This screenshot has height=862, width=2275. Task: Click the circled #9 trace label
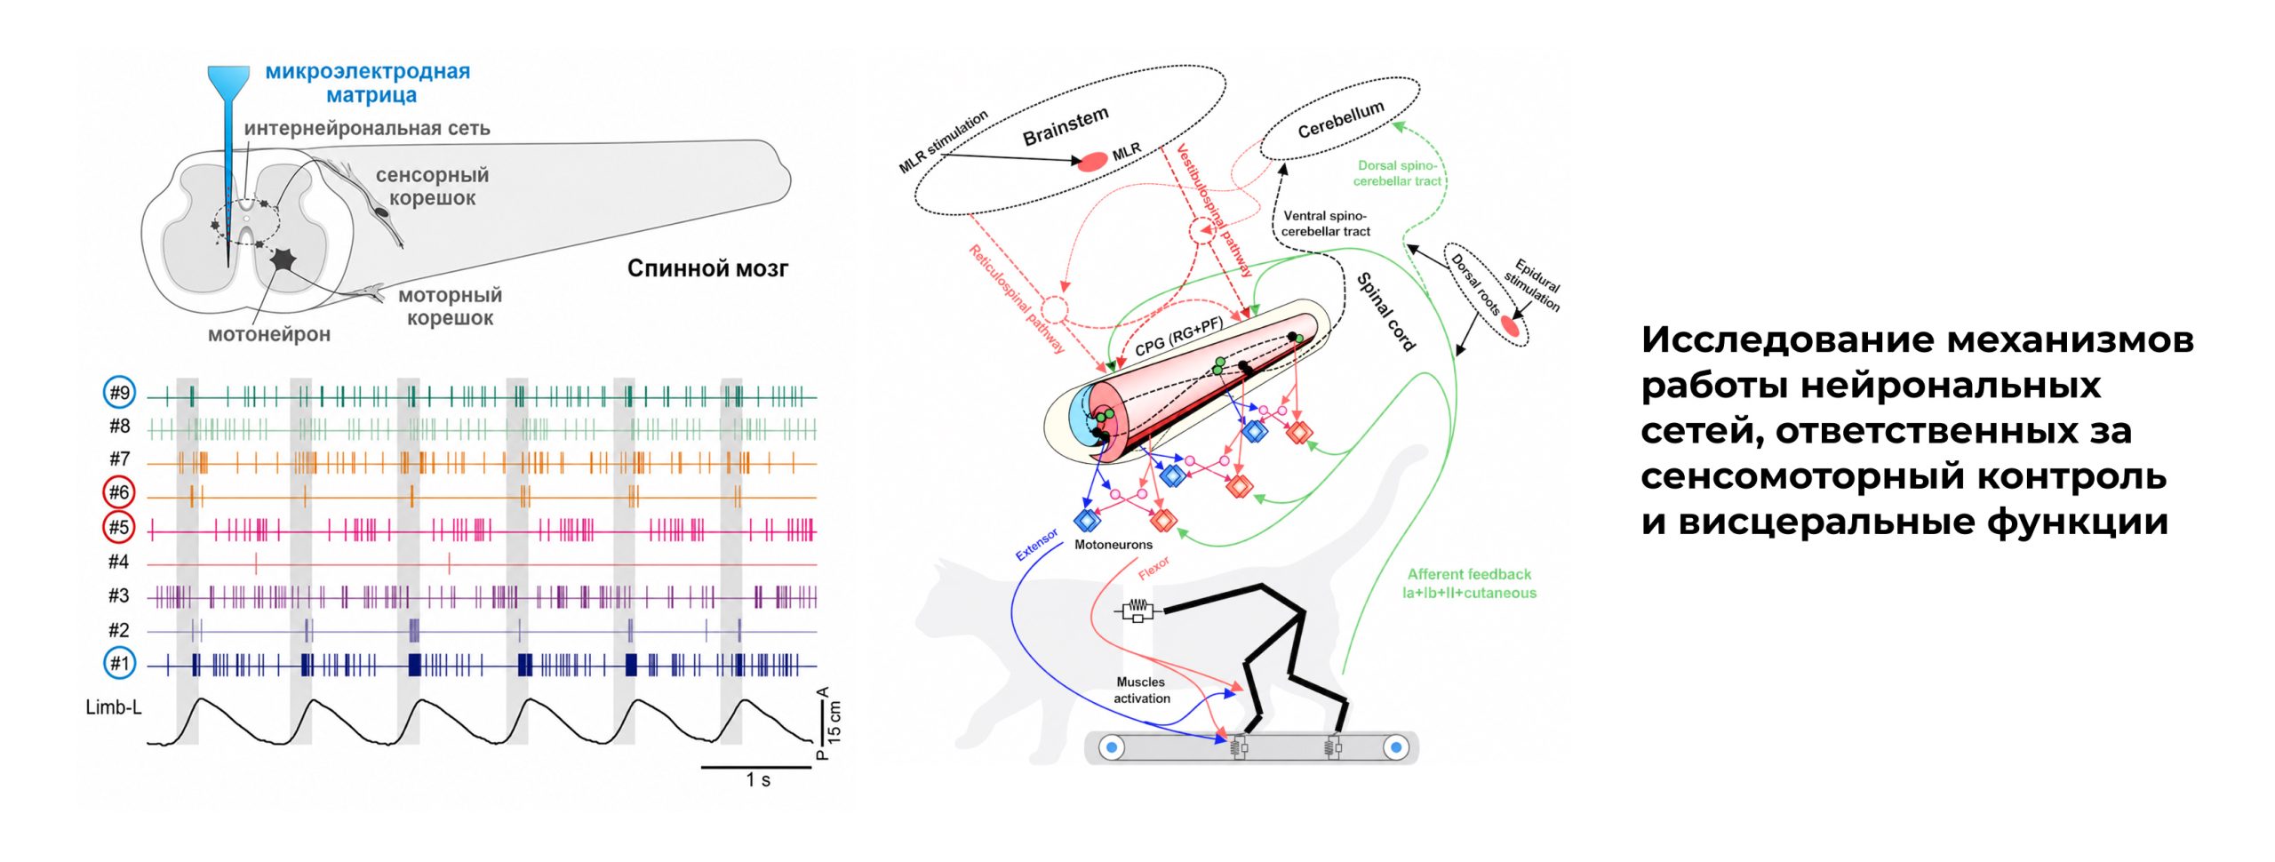(119, 393)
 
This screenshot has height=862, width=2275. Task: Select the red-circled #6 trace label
(119, 492)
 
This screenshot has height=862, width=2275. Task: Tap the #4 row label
(119, 562)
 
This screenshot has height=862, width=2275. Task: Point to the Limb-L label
(114, 707)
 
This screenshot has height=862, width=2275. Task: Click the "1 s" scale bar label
(758, 780)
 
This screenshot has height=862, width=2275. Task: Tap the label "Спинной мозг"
(707, 267)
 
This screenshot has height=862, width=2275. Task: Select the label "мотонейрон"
(269, 334)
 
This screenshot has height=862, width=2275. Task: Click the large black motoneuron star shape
(283, 259)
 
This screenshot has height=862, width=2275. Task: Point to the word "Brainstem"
(1066, 126)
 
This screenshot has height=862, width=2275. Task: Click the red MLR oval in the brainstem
(1092, 161)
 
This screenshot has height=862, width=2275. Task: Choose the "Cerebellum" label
(1341, 119)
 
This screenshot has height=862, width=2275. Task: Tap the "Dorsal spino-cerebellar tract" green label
(1397, 172)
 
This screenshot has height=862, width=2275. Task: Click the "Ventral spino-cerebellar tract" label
(1325, 223)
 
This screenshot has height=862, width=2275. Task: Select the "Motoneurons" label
(1114, 544)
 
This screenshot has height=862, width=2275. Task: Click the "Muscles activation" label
(1141, 690)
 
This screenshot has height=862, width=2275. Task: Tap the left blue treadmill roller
(1112, 747)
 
